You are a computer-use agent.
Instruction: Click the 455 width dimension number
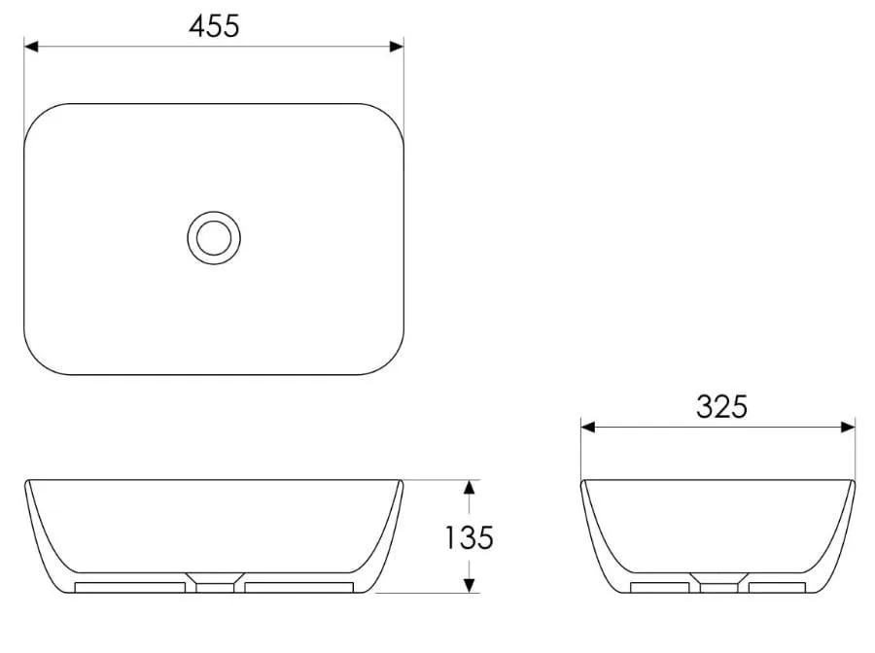tap(214, 26)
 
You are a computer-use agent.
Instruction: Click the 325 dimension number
tap(721, 406)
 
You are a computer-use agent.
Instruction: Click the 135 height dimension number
tap(470, 537)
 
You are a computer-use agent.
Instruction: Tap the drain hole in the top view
tap(214, 237)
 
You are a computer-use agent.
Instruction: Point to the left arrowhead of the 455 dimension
tap(31, 47)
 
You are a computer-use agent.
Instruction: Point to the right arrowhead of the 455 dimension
tap(397, 47)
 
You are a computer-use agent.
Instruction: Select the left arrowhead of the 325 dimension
tap(588, 428)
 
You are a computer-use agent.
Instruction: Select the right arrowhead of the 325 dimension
tap(848, 428)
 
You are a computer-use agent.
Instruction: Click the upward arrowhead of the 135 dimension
tap(470, 488)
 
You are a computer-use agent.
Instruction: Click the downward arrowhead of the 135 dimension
tap(470, 585)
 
